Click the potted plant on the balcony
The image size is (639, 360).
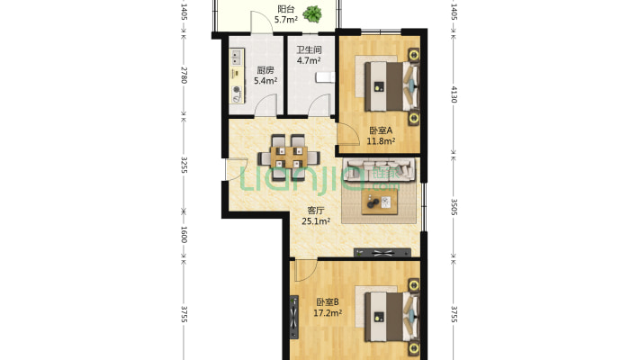(x=312, y=14)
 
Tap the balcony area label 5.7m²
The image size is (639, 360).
(x=285, y=20)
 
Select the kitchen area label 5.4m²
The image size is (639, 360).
(x=265, y=81)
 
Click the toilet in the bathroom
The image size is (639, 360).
(x=326, y=77)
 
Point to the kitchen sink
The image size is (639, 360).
(x=237, y=57)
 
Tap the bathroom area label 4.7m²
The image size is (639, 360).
(x=309, y=60)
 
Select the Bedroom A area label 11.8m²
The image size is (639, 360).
(x=381, y=141)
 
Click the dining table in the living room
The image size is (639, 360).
(x=289, y=157)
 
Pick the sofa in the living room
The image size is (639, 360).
(x=379, y=169)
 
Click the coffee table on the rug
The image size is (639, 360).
(x=380, y=202)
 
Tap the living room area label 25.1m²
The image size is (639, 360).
(x=316, y=221)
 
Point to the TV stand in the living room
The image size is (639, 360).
(x=382, y=253)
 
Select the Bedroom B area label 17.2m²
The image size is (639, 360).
(x=328, y=313)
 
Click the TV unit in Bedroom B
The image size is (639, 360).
(x=293, y=317)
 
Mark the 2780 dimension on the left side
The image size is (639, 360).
(x=184, y=75)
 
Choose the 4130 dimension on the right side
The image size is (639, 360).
(x=454, y=94)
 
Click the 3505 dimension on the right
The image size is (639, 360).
(x=454, y=207)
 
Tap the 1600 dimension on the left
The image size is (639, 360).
(x=184, y=235)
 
